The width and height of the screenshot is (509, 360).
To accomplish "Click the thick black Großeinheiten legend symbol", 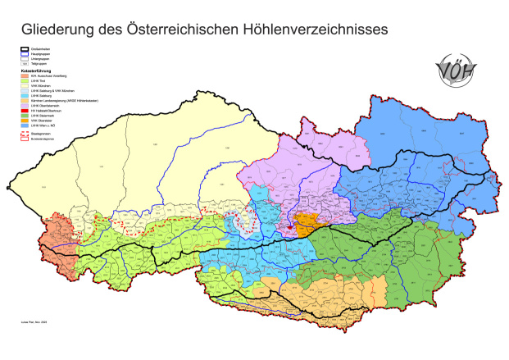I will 25,50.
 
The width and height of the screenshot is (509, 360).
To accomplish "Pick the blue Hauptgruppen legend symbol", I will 25,55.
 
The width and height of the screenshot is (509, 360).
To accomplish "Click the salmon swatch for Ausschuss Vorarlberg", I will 25,76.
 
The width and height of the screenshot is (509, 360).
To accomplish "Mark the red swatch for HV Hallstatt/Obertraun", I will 25,111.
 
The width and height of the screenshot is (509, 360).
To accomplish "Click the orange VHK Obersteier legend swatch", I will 25,121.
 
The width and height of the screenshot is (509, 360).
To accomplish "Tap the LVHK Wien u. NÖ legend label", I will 44,125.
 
